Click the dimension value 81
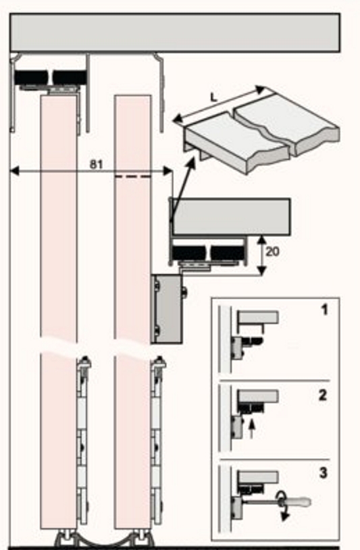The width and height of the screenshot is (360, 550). (x=96, y=164)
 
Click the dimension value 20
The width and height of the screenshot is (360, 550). (x=273, y=252)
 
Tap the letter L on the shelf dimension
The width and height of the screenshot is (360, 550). (x=214, y=97)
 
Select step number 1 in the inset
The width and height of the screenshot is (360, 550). (x=324, y=310)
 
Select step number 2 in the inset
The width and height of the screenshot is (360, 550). (x=323, y=395)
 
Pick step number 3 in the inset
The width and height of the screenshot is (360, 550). (x=323, y=473)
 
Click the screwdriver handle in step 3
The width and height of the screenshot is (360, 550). (x=298, y=502)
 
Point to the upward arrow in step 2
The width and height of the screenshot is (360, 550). (x=251, y=429)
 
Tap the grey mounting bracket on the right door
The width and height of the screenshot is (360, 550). (x=167, y=308)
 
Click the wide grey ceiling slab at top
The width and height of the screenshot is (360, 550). (x=175, y=33)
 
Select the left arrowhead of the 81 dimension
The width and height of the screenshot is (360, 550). (x=14, y=171)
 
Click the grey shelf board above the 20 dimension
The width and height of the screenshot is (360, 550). (x=231, y=217)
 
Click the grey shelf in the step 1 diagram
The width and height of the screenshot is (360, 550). (x=258, y=317)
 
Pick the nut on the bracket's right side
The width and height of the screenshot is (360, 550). (x=185, y=292)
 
